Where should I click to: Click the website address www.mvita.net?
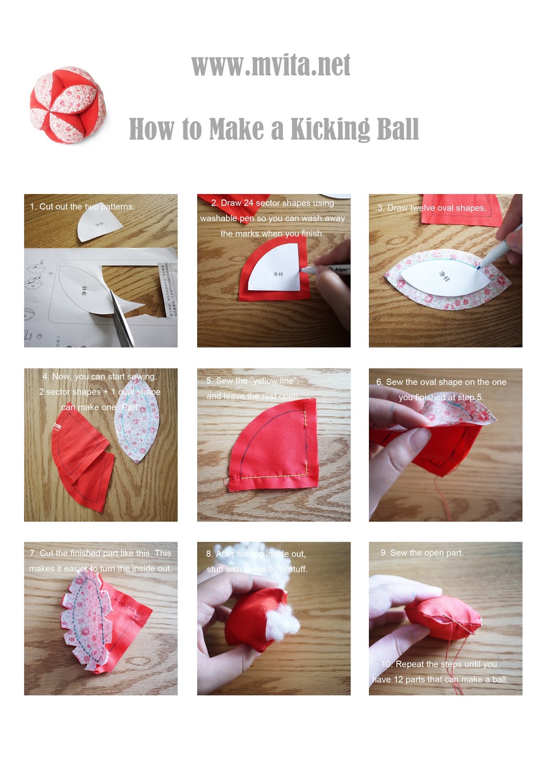coord(271,65)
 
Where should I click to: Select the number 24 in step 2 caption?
coord(248,203)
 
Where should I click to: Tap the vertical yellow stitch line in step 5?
coord(306,437)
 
